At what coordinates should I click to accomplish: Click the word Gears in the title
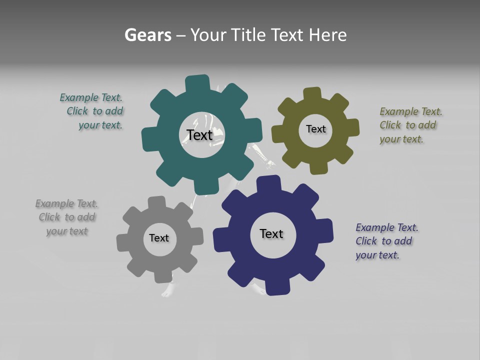[148, 35]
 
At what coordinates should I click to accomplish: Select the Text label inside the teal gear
[199, 135]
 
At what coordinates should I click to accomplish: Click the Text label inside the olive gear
[315, 129]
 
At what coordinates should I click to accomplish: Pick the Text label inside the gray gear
[159, 238]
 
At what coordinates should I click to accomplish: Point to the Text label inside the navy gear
[271, 233]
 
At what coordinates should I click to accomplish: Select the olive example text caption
[410, 125]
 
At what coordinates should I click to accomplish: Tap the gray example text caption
[67, 217]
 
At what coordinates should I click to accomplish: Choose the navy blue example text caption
[386, 241]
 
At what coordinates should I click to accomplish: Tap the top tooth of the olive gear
[312, 93]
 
